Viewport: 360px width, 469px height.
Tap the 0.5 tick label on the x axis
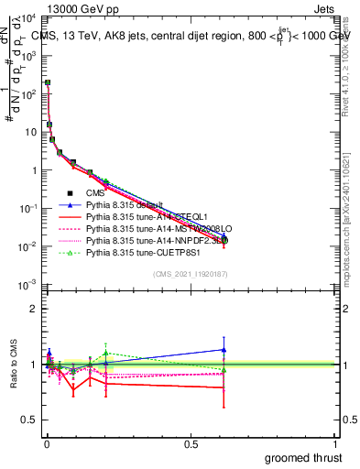coord(190,442)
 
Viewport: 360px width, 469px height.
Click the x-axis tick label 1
coord(335,442)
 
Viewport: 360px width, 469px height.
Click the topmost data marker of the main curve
coord(47,83)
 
